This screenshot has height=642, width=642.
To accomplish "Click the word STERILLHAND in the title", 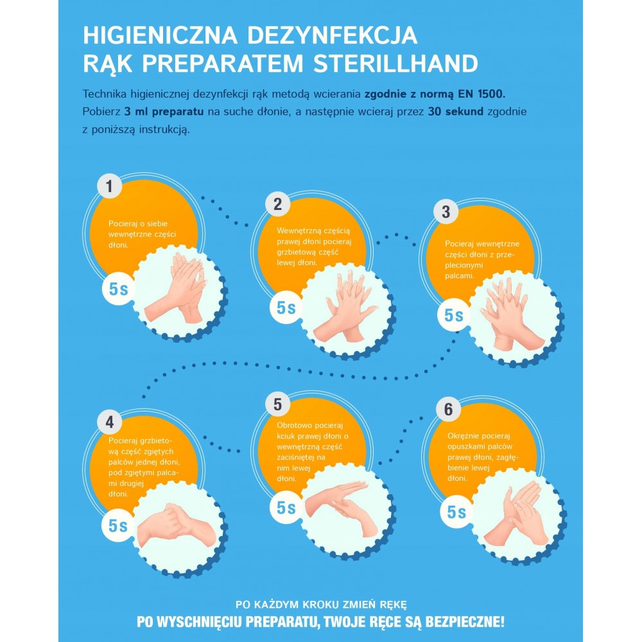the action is (396, 64).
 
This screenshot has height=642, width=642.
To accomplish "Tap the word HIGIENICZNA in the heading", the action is (160, 35).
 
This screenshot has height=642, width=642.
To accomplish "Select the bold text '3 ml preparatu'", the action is (164, 112).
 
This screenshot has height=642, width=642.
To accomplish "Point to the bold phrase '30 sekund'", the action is (456, 111).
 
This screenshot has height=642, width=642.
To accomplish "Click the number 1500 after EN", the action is (491, 94).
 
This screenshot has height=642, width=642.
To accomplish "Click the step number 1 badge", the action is (109, 186).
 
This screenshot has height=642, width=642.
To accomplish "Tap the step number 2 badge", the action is (277, 204).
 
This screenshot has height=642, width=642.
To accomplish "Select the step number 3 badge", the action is (446, 212).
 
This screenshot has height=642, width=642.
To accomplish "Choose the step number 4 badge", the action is (109, 422).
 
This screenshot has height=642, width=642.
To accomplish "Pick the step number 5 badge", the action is (277, 404).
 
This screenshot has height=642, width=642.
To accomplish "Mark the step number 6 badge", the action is (448, 409).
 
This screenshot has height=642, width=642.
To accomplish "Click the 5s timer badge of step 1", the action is (118, 289).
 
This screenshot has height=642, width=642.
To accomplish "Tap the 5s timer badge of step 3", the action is (454, 315).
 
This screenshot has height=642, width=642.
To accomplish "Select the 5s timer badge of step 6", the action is (456, 512).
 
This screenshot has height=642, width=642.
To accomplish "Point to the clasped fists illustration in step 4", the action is (176, 526).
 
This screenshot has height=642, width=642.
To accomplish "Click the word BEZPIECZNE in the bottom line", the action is (465, 621).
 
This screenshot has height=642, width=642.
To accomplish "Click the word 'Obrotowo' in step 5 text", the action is (294, 426).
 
